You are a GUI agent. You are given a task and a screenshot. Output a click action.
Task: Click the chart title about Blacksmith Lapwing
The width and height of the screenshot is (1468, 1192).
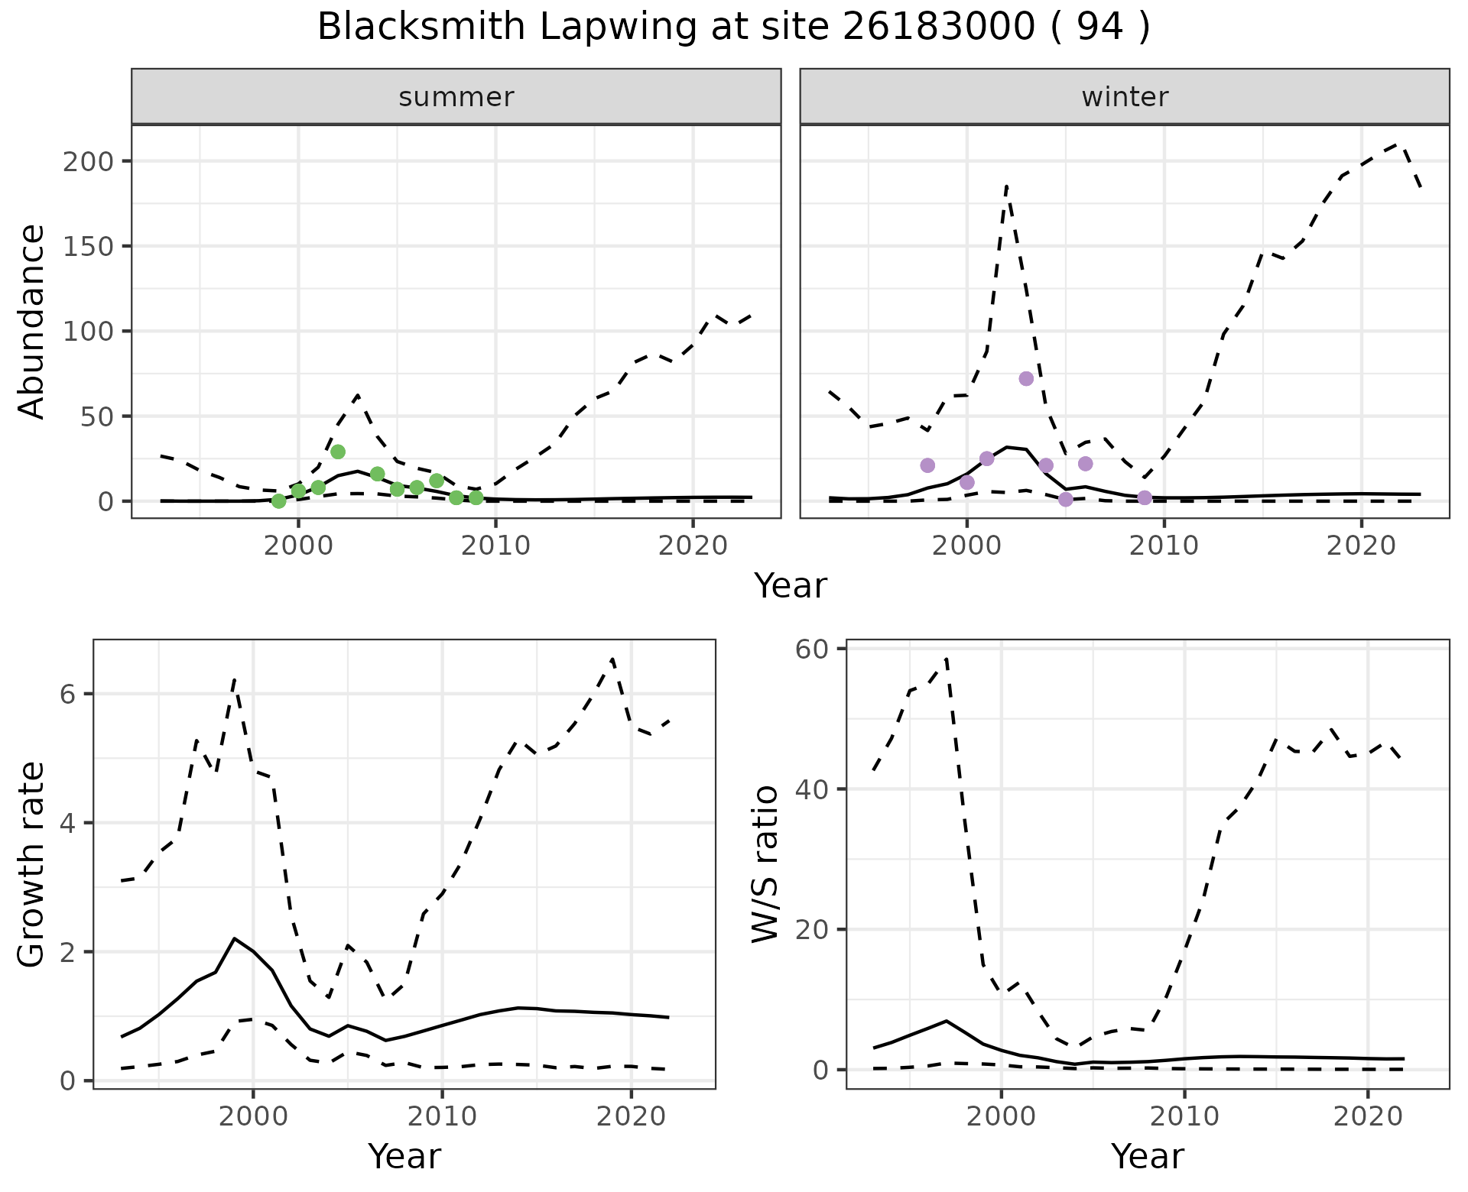[x=733, y=28]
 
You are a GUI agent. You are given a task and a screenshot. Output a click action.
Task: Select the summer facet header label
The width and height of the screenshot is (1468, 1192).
[x=456, y=97]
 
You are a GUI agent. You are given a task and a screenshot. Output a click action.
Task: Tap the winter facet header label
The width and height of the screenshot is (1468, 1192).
[x=1124, y=97]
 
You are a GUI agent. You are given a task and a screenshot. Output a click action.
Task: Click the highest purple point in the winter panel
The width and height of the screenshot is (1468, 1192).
[x=1026, y=379]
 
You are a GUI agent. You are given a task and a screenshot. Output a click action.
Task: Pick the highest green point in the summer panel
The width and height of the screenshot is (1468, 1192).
[x=338, y=452]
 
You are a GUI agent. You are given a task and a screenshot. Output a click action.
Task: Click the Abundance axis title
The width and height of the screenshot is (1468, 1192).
[x=32, y=321]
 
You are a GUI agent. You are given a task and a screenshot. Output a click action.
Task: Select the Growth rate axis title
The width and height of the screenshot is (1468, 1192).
[x=32, y=865]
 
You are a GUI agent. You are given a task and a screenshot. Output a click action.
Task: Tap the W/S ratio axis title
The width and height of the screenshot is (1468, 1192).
[x=765, y=865]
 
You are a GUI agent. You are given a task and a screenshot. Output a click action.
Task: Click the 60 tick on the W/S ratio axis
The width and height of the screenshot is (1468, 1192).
[x=814, y=649]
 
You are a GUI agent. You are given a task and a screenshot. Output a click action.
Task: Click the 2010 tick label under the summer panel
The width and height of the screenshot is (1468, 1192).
[x=495, y=546]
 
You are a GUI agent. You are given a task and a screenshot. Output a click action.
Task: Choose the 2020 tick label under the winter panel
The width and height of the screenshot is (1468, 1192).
[x=1361, y=546]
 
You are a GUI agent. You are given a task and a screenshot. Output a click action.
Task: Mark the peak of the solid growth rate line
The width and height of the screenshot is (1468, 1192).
[x=235, y=938]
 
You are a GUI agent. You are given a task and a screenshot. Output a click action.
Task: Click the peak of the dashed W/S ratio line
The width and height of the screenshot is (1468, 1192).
[x=947, y=658]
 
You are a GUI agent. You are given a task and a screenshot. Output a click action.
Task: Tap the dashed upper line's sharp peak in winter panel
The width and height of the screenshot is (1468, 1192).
[x=1007, y=185]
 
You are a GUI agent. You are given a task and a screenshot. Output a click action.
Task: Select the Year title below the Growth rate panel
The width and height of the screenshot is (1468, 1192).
[x=404, y=1156]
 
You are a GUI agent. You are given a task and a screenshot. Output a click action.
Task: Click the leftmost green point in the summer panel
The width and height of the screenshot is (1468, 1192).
[x=279, y=501]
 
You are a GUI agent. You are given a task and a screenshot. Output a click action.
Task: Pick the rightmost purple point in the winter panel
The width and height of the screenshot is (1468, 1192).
[x=1145, y=498]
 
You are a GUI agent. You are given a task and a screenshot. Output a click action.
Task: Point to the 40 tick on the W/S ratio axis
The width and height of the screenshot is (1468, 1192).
[x=814, y=789]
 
